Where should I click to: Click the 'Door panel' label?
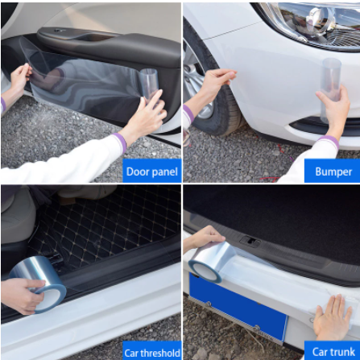pyautogui.click(x=152, y=172)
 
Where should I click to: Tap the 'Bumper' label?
pyautogui.click(x=333, y=172)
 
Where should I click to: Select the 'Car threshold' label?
pyautogui.click(x=152, y=353)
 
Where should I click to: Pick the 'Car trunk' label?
pyautogui.click(x=333, y=352)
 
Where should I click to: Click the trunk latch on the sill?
pyautogui.click(x=250, y=241)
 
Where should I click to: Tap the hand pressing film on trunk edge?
pyautogui.click(x=333, y=318)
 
